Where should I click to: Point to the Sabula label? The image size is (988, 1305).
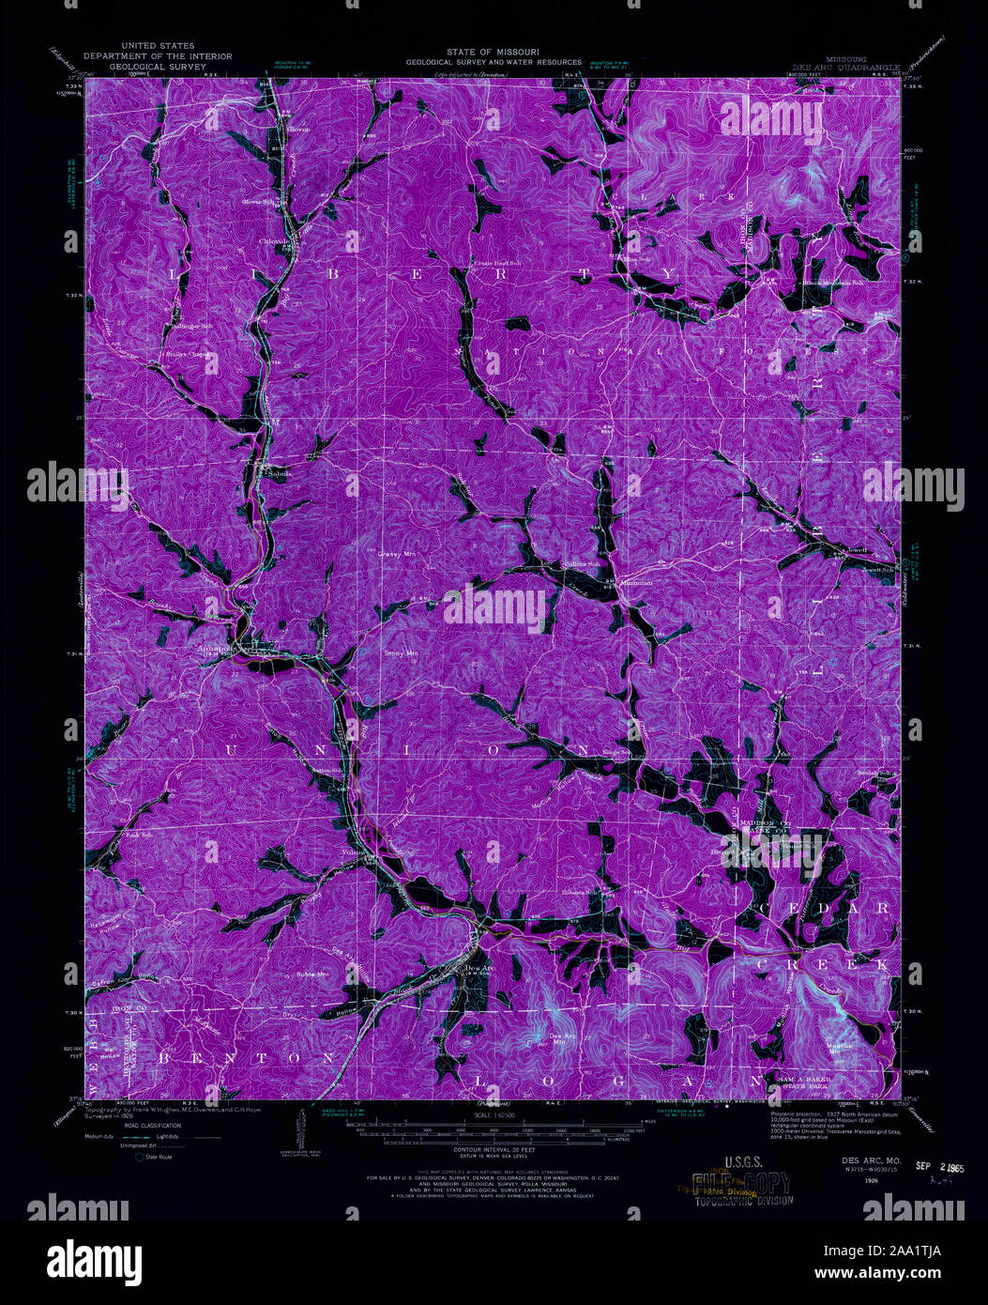pyautogui.click(x=275, y=473)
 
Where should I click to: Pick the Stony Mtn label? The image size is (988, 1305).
pyautogui.click(x=401, y=652)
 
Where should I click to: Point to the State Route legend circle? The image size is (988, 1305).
pyautogui.click(x=139, y=1158)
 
